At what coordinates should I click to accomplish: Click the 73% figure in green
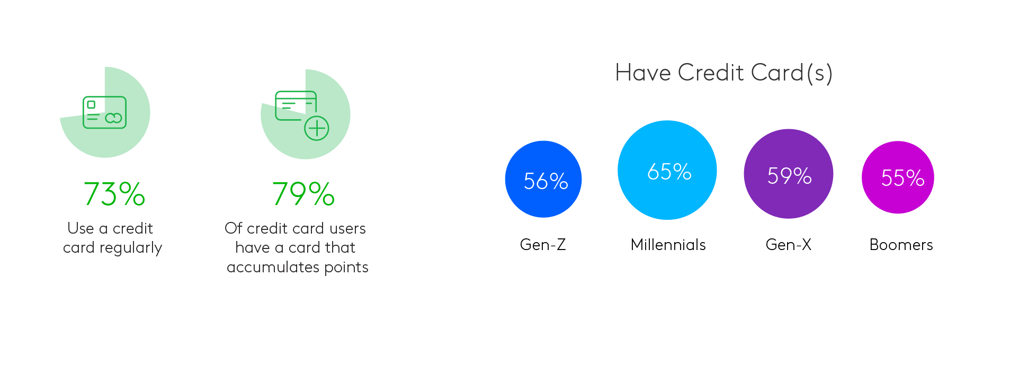pyautogui.click(x=114, y=194)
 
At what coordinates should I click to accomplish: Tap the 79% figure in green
pyautogui.click(x=303, y=194)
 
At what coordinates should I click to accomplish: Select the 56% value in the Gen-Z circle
pyautogui.click(x=546, y=181)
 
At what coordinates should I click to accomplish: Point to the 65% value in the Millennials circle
pyautogui.click(x=669, y=172)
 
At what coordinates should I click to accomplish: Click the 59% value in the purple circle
pyautogui.click(x=789, y=176)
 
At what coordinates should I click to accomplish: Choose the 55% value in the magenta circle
pyautogui.click(x=902, y=178)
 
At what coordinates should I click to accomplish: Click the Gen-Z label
pyautogui.click(x=543, y=245)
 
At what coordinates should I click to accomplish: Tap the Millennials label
pyautogui.click(x=668, y=245)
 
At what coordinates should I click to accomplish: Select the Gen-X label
pyautogui.click(x=788, y=245)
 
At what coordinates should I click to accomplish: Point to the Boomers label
pyautogui.click(x=901, y=245)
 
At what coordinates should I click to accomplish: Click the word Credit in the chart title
pyautogui.click(x=711, y=73)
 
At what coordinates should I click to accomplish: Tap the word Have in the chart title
pyautogui.click(x=643, y=73)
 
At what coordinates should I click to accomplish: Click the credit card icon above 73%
pyautogui.click(x=104, y=112)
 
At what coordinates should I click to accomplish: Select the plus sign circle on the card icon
pyautogui.click(x=317, y=128)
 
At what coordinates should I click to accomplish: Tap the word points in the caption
pyautogui.click(x=346, y=268)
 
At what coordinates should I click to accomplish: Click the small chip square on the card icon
pyautogui.click(x=91, y=105)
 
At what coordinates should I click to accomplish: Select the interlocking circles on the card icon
pyautogui.click(x=113, y=118)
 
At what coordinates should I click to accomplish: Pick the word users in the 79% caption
pyautogui.click(x=347, y=229)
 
